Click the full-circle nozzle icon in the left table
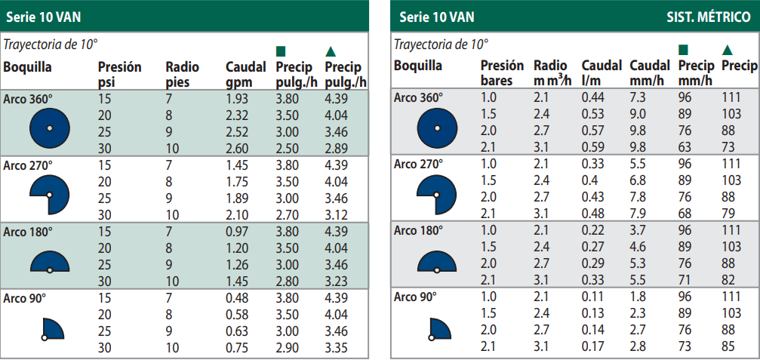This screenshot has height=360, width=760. (49, 128)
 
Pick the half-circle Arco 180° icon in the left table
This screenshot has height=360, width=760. (49, 260)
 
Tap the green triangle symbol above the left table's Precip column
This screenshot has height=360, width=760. (330, 51)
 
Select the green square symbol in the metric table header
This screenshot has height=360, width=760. (683, 51)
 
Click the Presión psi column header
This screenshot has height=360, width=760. (119, 74)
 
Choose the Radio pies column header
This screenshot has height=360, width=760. (183, 74)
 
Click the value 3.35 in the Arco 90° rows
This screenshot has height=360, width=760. (336, 347)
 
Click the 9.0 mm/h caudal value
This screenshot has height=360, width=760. (638, 114)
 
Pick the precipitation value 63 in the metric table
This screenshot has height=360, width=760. (685, 146)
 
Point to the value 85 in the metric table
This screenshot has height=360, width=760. (728, 346)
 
